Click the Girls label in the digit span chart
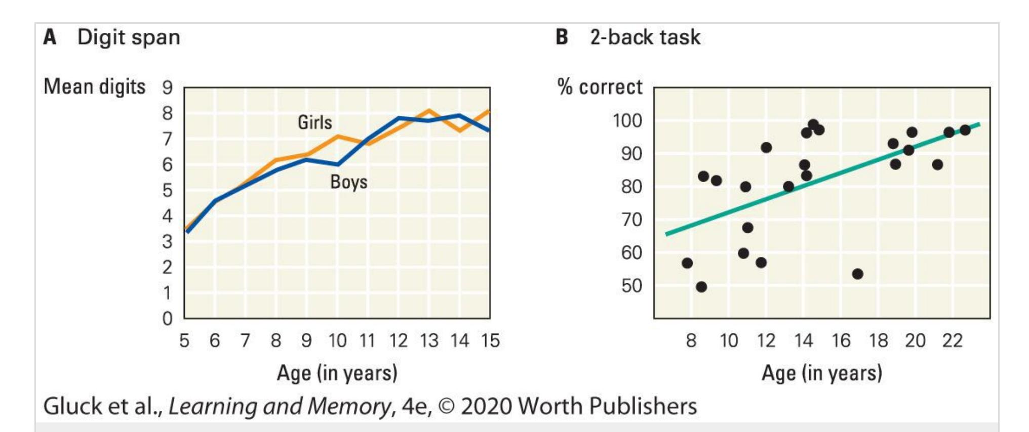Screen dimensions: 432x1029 pyautogui.click(x=314, y=122)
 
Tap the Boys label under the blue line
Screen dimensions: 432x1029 pyautogui.click(x=348, y=182)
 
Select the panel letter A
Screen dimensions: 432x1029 pyautogui.click(x=50, y=37)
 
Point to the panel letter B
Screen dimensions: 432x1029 pyautogui.click(x=562, y=37)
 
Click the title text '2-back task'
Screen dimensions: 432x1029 pyautogui.click(x=645, y=37)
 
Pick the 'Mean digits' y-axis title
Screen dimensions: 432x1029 pyautogui.click(x=95, y=87)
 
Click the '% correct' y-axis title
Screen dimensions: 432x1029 pyautogui.click(x=600, y=87)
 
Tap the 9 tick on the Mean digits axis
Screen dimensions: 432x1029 pyautogui.click(x=168, y=88)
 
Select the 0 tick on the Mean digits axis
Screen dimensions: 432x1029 pyautogui.click(x=168, y=319)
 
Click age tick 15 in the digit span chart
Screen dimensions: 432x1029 pyautogui.click(x=490, y=340)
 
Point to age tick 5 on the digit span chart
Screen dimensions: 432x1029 pyautogui.click(x=184, y=340)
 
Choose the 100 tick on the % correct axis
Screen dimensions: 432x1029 pyautogui.click(x=627, y=121)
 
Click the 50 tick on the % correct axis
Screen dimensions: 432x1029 pyautogui.click(x=631, y=286)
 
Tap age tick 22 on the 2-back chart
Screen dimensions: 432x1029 pyautogui.click(x=952, y=340)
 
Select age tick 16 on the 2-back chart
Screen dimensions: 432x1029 pyautogui.click(x=841, y=340)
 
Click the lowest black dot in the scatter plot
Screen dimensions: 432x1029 pyautogui.click(x=701, y=287)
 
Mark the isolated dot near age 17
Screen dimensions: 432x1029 pyautogui.click(x=857, y=274)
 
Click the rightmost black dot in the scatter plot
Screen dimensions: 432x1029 pyautogui.click(x=965, y=130)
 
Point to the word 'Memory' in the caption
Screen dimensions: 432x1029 pyautogui.click(x=349, y=406)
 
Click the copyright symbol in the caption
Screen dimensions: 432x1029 pyautogui.click(x=446, y=407)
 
